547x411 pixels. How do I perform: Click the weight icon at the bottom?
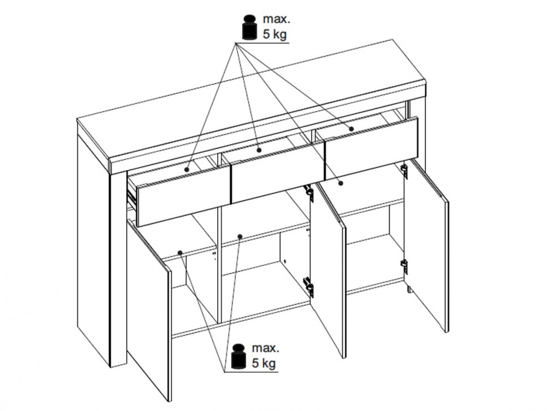(x=239, y=356)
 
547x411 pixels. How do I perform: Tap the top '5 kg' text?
(x=275, y=34)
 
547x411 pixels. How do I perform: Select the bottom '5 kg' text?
(x=264, y=363)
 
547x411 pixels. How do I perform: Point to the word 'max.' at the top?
(x=276, y=19)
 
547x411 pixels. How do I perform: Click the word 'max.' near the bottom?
(x=266, y=348)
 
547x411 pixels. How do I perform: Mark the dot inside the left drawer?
(x=187, y=169)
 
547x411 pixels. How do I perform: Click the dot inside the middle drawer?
(x=259, y=150)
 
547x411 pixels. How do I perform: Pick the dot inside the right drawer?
(x=351, y=129)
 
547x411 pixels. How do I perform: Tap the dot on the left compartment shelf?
(x=180, y=252)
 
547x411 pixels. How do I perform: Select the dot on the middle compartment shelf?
(x=240, y=237)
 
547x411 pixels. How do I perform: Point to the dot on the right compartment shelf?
(x=341, y=182)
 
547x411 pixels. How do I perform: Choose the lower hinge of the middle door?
(x=308, y=286)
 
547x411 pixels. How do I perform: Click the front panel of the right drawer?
(x=371, y=148)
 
